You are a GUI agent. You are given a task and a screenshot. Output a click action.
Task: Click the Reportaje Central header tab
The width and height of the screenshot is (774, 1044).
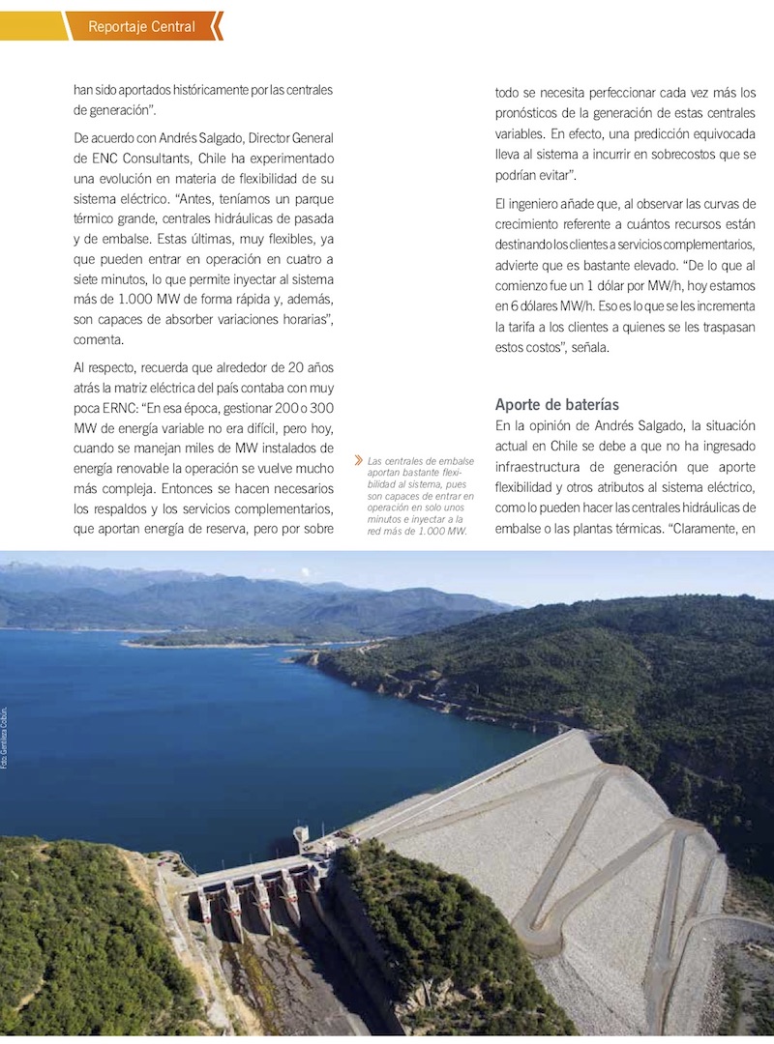[141, 26]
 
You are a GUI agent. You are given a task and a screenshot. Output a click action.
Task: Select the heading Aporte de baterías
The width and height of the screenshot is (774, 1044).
[557, 404]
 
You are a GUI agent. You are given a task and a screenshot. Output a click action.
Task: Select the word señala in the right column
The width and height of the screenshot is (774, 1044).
[584, 348]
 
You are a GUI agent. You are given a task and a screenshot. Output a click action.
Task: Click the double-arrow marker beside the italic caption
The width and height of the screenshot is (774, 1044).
[359, 461]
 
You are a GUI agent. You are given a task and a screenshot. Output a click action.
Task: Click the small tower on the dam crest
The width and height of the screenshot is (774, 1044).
[302, 833]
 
